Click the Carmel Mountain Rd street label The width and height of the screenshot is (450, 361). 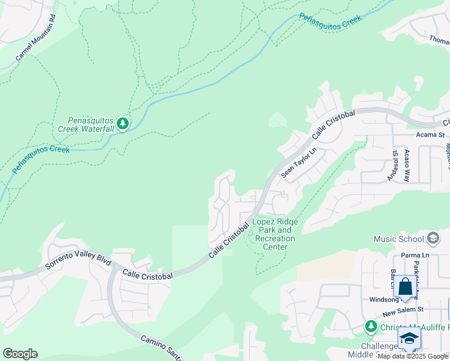pos(35,38)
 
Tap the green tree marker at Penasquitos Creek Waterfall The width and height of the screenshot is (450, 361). pos(123,124)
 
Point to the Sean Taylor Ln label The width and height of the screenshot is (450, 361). pos(298,163)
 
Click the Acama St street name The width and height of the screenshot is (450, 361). pos(433,135)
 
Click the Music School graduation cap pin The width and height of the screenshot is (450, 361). pos(433,239)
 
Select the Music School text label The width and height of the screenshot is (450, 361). pos(399,239)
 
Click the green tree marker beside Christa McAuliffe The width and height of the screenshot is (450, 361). pos(371,327)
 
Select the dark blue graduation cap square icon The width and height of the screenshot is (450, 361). pos(409,338)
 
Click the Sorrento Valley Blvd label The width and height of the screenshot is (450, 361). pos(79,262)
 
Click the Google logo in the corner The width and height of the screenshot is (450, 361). pos(20,354)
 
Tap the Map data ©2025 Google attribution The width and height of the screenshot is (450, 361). pos(413,356)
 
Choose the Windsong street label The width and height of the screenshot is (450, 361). pos(384,299)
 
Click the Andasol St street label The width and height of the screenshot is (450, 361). pos(394,165)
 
